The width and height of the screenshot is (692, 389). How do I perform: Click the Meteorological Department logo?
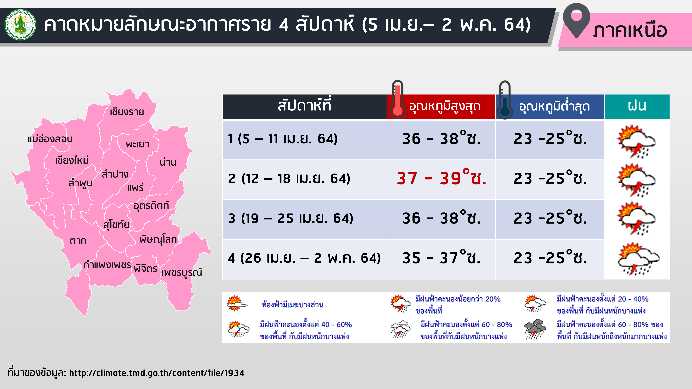coord(20,25)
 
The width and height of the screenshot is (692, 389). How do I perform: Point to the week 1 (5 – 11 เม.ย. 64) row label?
coord(283,139)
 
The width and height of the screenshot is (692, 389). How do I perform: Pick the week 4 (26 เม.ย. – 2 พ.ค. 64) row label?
coord(304,258)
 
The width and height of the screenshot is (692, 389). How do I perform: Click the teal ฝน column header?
coord(637,106)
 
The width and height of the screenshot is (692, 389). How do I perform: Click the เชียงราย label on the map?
coord(127,112)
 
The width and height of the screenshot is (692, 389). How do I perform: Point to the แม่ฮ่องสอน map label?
coord(50,139)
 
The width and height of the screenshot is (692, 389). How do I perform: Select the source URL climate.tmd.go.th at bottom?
coord(157,373)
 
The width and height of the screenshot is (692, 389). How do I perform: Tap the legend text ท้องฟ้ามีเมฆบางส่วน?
coord(293,305)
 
